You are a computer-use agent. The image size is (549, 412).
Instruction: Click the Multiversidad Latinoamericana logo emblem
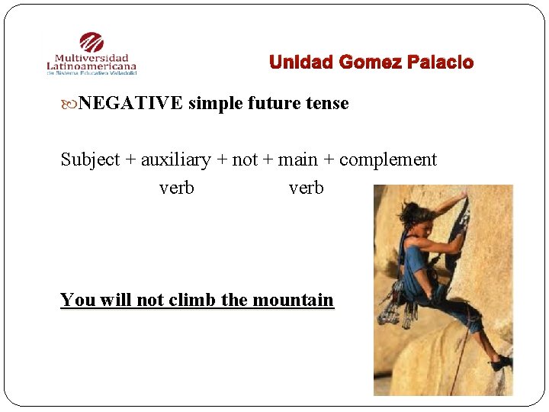click(x=91, y=43)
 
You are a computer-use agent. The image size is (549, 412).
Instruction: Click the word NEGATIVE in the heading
click(x=130, y=103)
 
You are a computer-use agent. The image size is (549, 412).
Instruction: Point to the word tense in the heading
click(x=327, y=103)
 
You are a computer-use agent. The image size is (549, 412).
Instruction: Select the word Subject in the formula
click(x=90, y=159)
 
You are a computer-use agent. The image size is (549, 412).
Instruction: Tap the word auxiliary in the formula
click(x=175, y=159)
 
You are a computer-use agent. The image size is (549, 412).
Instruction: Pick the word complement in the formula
click(x=387, y=159)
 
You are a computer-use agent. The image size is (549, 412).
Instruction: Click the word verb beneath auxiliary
click(x=176, y=187)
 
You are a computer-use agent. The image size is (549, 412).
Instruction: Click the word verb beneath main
click(x=306, y=187)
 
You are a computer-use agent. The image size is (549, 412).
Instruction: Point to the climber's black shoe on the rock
click(x=500, y=363)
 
